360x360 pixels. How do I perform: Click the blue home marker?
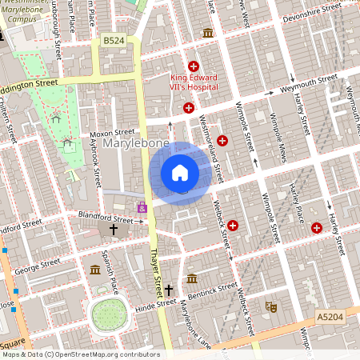[180, 172]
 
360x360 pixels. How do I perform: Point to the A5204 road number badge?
[330, 317]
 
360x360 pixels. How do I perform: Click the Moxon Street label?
[112, 132]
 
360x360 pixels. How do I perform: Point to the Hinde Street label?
[155, 304]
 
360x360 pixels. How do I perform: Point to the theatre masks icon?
[271, 306]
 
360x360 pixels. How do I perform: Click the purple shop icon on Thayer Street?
[142, 207]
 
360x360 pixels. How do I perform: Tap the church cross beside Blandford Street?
[114, 230]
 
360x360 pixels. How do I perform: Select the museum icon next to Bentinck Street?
[192, 278]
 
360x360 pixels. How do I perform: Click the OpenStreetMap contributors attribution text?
[80, 354]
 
